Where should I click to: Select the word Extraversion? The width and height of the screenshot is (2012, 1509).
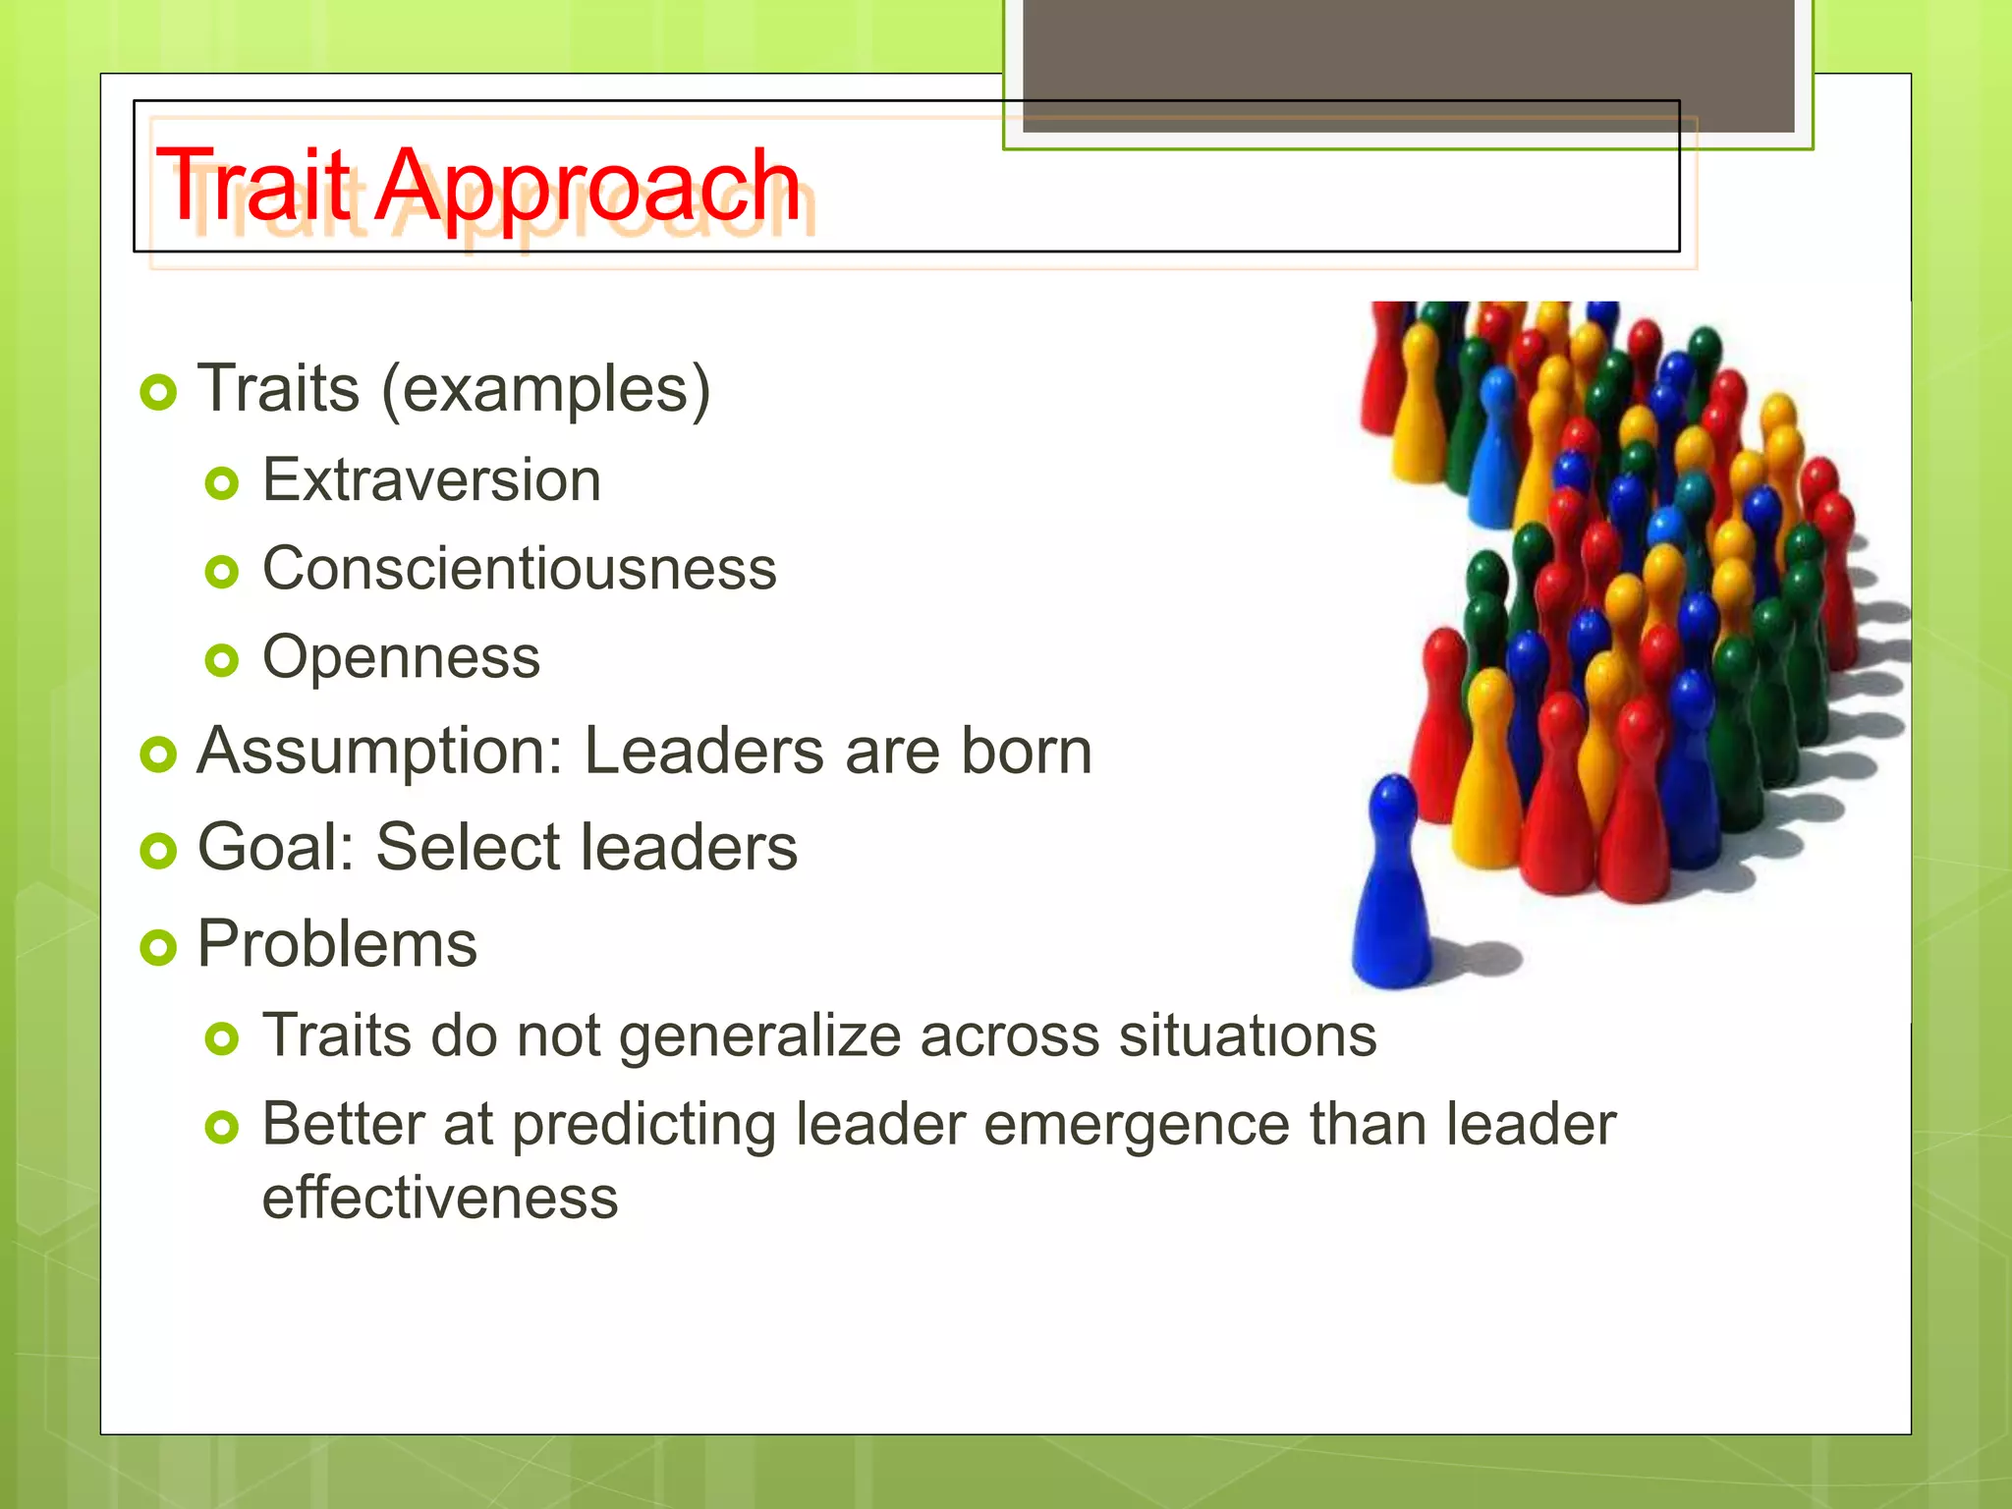click(x=431, y=480)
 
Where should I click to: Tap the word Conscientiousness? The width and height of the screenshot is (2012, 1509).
click(x=519, y=569)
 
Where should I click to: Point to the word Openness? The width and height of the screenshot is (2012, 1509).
click(x=401, y=657)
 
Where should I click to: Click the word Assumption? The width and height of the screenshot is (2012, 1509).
click(x=378, y=753)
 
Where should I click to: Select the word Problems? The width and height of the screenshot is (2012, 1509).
click(x=337, y=944)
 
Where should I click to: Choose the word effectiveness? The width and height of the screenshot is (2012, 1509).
click(x=440, y=1198)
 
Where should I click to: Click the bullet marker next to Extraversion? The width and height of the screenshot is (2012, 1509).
click(x=222, y=483)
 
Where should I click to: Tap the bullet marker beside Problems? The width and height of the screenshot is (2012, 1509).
click(x=157, y=948)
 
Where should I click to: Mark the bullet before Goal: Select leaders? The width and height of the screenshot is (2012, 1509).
click(x=157, y=851)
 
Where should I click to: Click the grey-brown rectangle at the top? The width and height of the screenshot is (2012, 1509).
click(x=1408, y=64)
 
